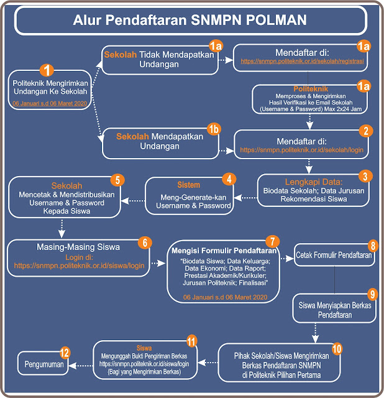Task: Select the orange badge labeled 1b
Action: [214, 129]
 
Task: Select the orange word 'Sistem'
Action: [188, 185]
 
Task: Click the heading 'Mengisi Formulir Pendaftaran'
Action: [221, 250]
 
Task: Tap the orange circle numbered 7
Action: [270, 240]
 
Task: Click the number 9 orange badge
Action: [372, 294]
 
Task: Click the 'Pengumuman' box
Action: [43, 363]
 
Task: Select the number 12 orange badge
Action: [64, 352]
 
